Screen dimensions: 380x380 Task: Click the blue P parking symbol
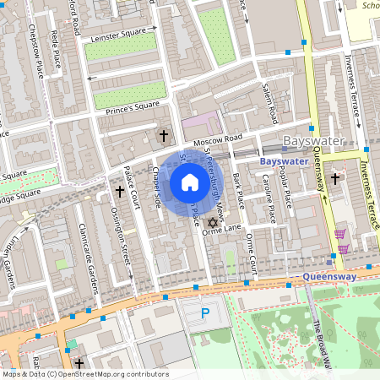click(205, 314)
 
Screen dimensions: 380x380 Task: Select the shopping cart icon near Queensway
click(341, 235)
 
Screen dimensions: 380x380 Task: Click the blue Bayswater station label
click(283, 160)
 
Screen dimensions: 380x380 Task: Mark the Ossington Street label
click(123, 238)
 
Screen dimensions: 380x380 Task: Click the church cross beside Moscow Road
click(164, 135)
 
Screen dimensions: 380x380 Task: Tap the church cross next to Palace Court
click(119, 192)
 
